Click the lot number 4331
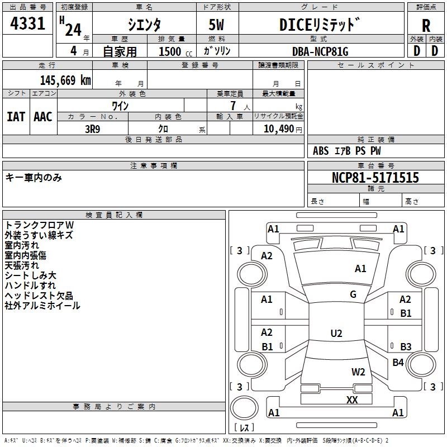pos(28,24)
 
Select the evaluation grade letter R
pos(426,26)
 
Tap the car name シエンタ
pos(145,25)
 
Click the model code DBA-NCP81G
pos(320,51)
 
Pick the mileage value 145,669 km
pos(65,80)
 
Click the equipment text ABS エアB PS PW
pos(348,151)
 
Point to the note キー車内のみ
pos(34,178)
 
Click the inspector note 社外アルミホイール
pos(42,306)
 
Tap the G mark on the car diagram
pos(353,294)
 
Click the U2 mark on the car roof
pos(336,334)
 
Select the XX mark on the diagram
pos(352,400)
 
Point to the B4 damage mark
pos(398,363)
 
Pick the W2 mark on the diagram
pos(358,372)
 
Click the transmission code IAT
pos(16,117)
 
